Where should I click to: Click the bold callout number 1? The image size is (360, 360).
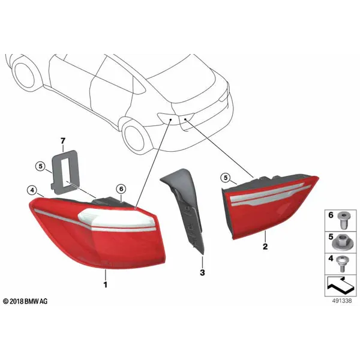point(106,284)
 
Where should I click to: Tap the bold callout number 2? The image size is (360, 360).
point(265,247)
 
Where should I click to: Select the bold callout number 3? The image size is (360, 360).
point(202,273)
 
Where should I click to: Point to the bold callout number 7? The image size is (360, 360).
point(63,141)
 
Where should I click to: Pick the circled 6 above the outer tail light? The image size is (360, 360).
point(121,189)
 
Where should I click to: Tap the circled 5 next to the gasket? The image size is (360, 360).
point(41,166)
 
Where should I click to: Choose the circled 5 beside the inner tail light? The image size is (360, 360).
point(226,178)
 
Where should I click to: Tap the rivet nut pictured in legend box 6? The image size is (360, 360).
point(343,220)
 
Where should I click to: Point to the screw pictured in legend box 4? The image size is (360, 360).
point(343,264)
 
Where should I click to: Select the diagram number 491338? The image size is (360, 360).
point(342,301)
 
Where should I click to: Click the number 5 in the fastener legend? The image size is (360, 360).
point(331,237)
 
